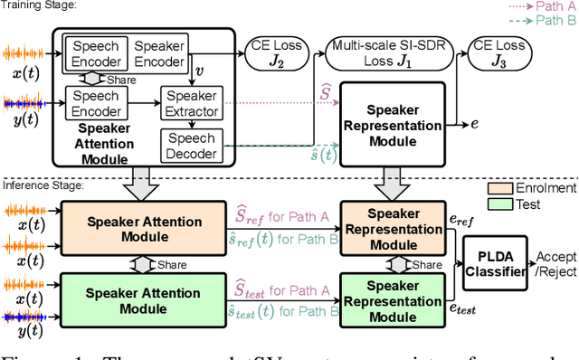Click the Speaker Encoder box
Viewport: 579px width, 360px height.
point(160,53)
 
